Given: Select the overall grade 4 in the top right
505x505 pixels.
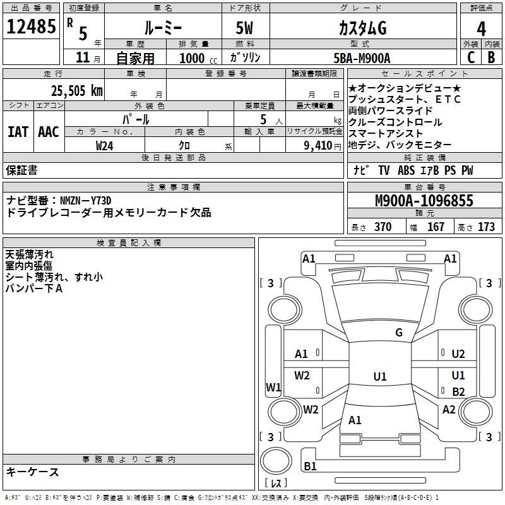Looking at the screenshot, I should point(481,28).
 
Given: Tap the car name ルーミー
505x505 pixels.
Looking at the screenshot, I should point(162,28).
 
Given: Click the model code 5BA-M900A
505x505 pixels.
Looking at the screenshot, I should point(362,58).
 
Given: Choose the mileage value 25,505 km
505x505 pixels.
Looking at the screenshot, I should point(76,90).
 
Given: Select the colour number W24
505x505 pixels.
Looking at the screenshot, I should point(105,145).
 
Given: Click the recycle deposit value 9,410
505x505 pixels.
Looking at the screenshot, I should point(317,145).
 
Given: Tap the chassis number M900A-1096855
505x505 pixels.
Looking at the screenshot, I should point(424,201).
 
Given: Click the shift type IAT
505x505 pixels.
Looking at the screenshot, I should point(18,132).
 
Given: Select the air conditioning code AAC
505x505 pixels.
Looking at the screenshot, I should point(48,132).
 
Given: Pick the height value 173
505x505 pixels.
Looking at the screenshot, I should point(486,227).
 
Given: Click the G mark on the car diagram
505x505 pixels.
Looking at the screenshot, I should point(398,333).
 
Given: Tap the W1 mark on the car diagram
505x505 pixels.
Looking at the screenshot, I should point(273,387).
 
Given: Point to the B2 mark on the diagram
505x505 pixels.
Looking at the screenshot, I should point(458,391).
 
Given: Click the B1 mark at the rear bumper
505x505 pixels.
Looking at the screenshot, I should point(310,466).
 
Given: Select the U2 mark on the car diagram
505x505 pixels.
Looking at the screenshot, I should point(458,354).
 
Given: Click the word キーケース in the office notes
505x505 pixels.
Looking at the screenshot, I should point(32,472).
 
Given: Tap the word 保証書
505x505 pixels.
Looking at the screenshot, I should point(21,170).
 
